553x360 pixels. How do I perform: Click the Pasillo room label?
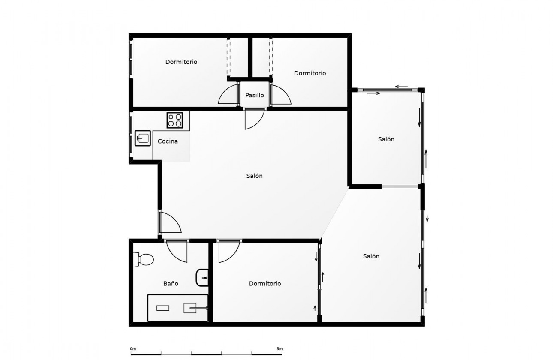click(x=255, y=95)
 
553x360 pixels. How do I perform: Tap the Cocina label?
click(x=168, y=141)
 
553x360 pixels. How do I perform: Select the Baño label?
click(x=171, y=283)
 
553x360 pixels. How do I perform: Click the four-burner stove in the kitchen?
click(x=175, y=120)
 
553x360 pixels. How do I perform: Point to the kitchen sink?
click(x=143, y=138)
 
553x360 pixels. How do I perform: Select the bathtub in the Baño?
click(x=177, y=308)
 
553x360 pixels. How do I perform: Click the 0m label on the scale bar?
click(x=133, y=348)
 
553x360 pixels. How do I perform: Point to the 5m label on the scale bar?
click(x=280, y=348)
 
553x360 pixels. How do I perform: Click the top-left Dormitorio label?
click(x=181, y=62)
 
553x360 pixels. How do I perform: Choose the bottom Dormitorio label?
click(x=265, y=283)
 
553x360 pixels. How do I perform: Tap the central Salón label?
click(x=255, y=176)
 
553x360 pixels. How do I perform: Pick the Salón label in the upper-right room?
click(x=386, y=139)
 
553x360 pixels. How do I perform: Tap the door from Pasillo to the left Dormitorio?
click(x=229, y=95)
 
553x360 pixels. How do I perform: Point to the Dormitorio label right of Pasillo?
click(x=310, y=73)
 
